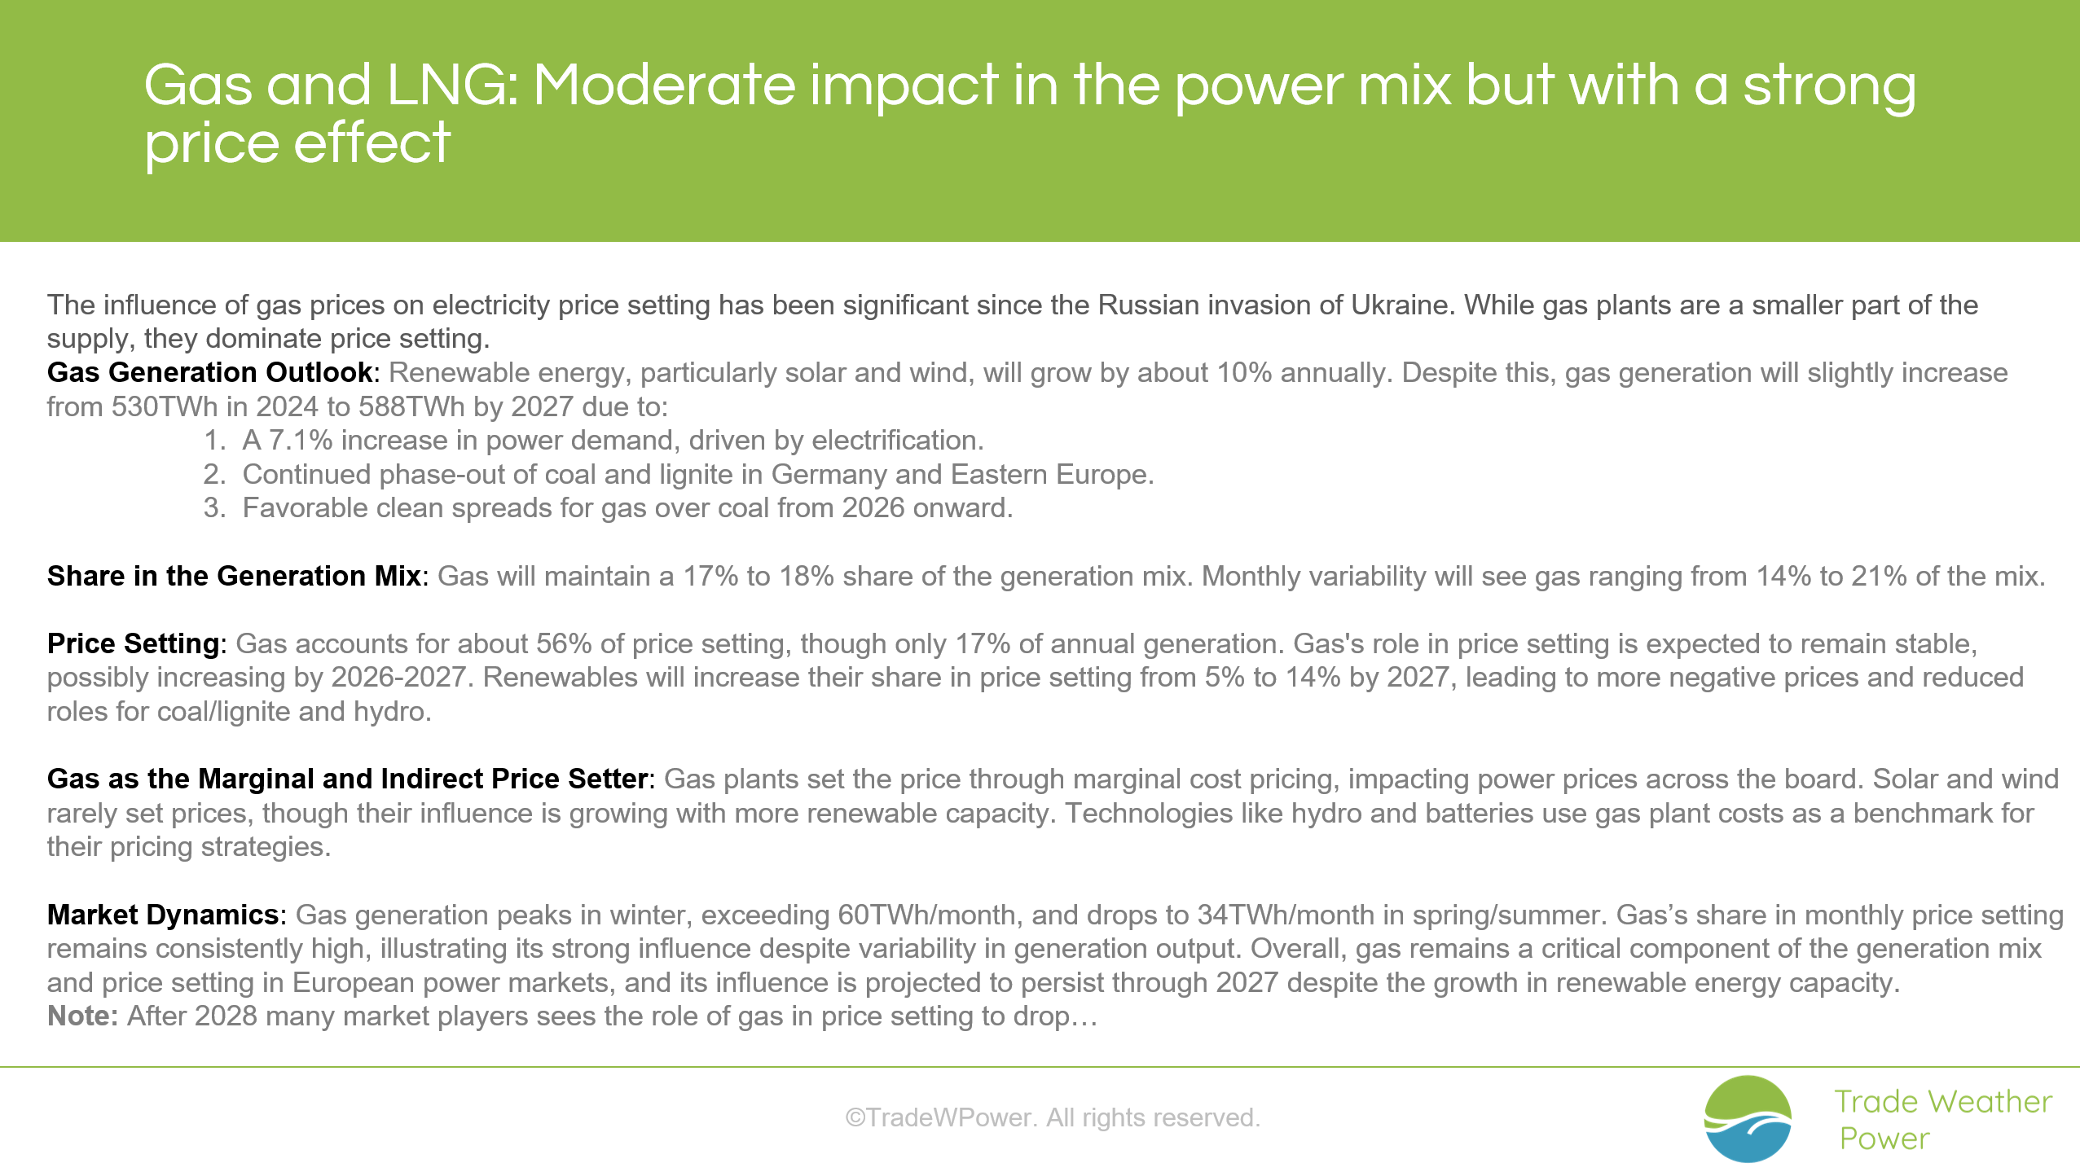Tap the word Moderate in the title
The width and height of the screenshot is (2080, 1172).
click(x=664, y=85)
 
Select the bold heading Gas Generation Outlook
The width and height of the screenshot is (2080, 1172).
click(x=209, y=372)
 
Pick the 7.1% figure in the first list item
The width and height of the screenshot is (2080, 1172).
click(x=301, y=441)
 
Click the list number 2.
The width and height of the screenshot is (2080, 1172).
click(x=214, y=474)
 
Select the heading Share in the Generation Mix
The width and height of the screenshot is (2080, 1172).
click(x=234, y=576)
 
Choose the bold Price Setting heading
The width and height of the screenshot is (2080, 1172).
click(x=133, y=643)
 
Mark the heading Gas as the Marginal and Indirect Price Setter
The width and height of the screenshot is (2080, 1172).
click(x=348, y=779)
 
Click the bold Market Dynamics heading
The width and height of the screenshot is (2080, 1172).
click(x=163, y=915)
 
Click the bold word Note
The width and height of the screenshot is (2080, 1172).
click(x=82, y=1016)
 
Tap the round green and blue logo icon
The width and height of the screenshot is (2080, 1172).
click(x=1748, y=1118)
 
